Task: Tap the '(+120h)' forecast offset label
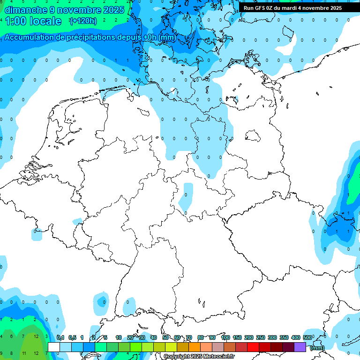pos(83,21)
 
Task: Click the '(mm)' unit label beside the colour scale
pos(317,347)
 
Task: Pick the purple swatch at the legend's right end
pos(300,347)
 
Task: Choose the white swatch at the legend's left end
pos(54,347)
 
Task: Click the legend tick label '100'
pos(225,337)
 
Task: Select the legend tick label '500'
pos(307,337)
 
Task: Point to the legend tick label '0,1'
pos(60,337)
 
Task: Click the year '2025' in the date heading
pos(114,10)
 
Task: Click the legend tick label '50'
pos(165,337)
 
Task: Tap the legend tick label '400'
pos(295,337)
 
